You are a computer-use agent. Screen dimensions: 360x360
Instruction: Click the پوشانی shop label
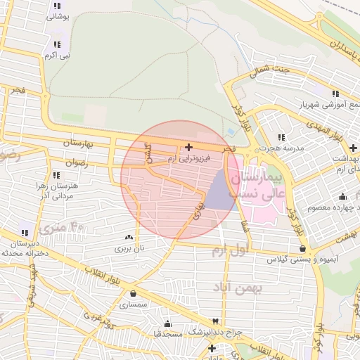57,17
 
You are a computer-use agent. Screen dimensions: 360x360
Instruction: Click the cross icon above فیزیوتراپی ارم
188,147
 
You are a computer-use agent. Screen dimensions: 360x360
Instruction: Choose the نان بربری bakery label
129,248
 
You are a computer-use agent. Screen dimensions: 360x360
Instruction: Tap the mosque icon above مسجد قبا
167,323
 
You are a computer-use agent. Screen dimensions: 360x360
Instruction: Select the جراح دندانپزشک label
214,331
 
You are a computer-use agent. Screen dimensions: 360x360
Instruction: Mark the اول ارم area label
229,251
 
